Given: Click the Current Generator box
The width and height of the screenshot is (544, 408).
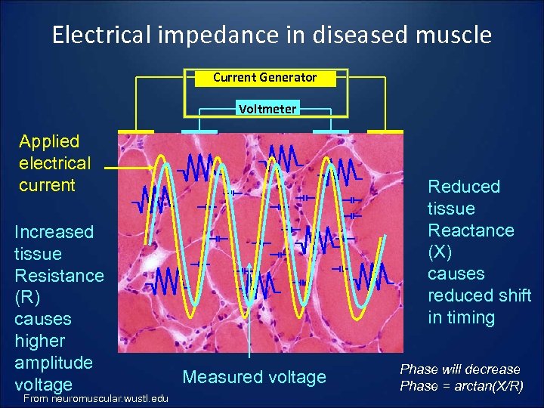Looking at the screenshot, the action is pos(264,78).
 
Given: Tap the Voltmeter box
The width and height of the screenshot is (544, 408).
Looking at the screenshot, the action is pos(267,109).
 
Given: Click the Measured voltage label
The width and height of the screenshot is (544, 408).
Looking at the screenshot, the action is pos(255,376).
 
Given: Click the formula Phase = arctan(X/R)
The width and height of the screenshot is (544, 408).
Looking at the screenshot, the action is pos(460,386).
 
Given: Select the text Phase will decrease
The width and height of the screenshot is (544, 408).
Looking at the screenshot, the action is pos(460,369).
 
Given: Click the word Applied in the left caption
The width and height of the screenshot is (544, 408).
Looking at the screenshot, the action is pos(49,141).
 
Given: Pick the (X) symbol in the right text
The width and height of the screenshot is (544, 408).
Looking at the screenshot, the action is pos(442,252).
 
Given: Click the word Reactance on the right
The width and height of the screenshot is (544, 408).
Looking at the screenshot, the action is pos(471,230).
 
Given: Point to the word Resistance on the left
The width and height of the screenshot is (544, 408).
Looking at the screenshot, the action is pos(59,275).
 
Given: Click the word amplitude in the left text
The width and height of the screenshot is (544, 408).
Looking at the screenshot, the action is pos(53,363).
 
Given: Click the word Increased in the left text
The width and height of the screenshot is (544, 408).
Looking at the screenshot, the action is pos(54,232).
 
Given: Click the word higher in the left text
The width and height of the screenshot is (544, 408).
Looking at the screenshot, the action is pos(40,341).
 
